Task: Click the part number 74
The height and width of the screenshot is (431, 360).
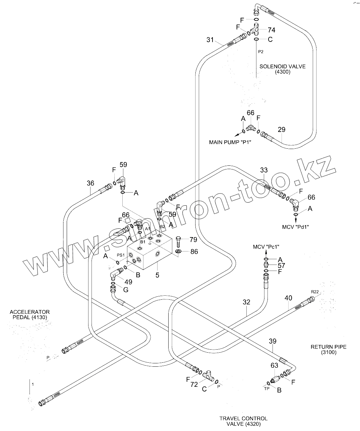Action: click(x=272, y=30)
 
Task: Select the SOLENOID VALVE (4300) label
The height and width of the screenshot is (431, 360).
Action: click(x=282, y=69)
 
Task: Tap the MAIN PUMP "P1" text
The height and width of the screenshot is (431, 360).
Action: click(x=230, y=142)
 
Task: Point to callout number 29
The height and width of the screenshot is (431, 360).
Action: click(x=282, y=130)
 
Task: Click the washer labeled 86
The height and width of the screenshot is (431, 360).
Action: click(x=178, y=252)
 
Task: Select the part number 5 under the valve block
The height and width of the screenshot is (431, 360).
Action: click(x=157, y=275)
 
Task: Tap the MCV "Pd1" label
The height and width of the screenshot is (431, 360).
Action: click(x=295, y=227)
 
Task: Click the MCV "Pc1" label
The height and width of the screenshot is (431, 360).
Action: click(x=266, y=247)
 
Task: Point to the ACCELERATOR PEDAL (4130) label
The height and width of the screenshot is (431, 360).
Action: click(x=30, y=314)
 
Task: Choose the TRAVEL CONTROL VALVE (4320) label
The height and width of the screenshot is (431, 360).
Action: click(x=243, y=421)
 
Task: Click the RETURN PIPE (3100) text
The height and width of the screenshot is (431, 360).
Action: click(x=328, y=350)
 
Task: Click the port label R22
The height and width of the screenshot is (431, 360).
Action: click(x=315, y=292)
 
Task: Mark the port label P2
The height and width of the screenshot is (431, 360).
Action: click(x=261, y=52)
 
